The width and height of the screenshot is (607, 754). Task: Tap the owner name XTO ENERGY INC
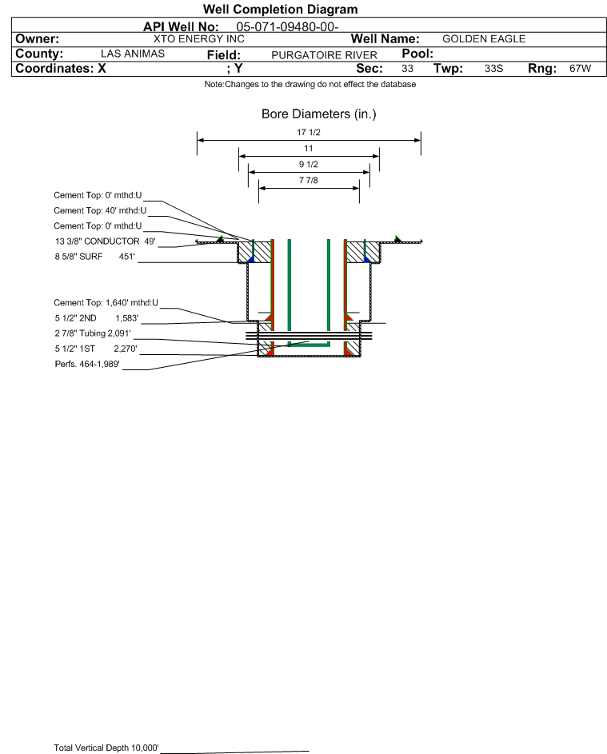[x=198, y=38]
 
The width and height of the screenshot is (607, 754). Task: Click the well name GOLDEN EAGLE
[x=483, y=38]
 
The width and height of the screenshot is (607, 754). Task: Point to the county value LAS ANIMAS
[x=133, y=54]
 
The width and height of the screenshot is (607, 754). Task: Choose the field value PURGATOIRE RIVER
[x=324, y=54]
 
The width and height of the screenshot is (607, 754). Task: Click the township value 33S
[x=493, y=69]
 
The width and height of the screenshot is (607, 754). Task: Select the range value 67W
[x=580, y=69]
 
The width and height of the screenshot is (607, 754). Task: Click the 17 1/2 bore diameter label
[x=309, y=134]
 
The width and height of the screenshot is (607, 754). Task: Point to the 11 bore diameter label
[x=309, y=149]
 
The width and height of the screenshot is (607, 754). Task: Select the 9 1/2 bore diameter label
[x=309, y=164]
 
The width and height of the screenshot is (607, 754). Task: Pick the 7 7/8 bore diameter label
[x=309, y=181]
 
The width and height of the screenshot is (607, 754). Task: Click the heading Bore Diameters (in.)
[x=318, y=114]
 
